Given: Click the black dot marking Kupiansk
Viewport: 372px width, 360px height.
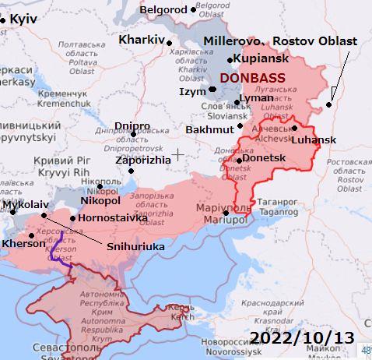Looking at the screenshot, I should point(230,59).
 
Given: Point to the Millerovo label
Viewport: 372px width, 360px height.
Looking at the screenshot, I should point(233,41).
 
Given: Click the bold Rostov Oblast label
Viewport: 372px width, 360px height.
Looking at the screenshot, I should point(315,41).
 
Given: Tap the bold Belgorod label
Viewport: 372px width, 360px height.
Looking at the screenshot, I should point(164,9).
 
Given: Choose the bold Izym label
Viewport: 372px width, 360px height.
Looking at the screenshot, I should point(193,91).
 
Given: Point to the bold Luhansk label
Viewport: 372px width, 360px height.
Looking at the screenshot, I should point(313,140).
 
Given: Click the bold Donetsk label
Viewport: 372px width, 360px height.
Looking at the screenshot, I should point(265,157).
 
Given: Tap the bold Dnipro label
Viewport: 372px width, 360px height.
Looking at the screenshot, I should point(132,125).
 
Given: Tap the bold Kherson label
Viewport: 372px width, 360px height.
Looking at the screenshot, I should point(24,243).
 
